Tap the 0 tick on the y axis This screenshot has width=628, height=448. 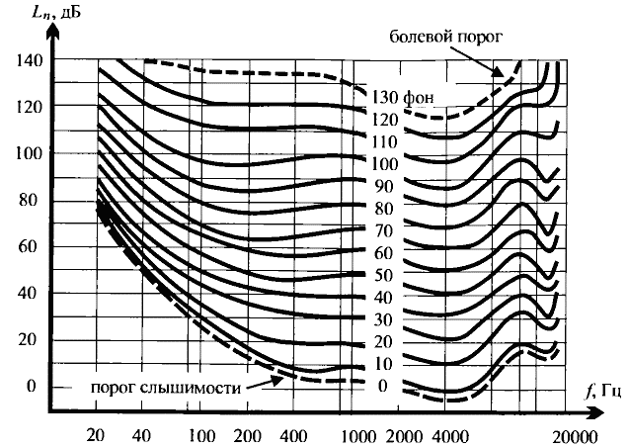31,386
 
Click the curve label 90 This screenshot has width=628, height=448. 385,186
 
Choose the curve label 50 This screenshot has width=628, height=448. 385,274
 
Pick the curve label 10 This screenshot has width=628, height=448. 385,363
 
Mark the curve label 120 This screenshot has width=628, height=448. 385,120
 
